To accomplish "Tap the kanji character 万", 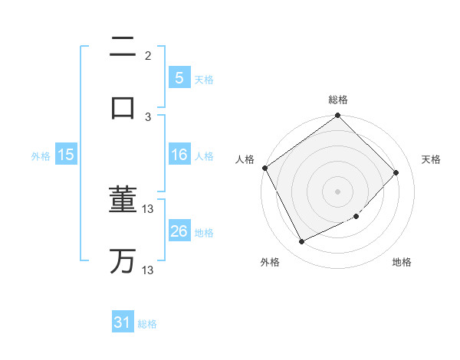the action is pyautogui.click(x=123, y=260).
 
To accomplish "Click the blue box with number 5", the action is pyautogui.click(x=179, y=77).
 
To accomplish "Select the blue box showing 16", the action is pyautogui.click(x=179, y=155).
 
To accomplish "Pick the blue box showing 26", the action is pyautogui.click(x=179, y=231).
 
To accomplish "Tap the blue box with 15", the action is pyautogui.click(x=66, y=155).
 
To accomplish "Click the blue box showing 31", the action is pyautogui.click(x=123, y=322).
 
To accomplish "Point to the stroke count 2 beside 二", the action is pyautogui.click(x=148, y=56).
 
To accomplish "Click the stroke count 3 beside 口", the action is pyautogui.click(x=148, y=116).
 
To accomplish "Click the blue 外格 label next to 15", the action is pyautogui.click(x=41, y=155).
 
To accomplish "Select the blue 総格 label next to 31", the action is pyautogui.click(x=147, y=324).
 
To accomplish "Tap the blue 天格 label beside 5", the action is pyautogui.click(x=204, y=79).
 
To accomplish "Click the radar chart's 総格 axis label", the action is pyautogui.click(x=338, y=100).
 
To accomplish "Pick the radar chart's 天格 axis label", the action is pyautogui.click(x=432, y=159).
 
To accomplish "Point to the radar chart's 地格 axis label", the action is pyautogui.click(x=402, y=263).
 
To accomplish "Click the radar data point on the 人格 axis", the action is pyautogui.click(x=264, y=168).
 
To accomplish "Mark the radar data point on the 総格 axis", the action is pyautogui.click(x=338, y=116).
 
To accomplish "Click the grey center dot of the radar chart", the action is pyautogui.click(x=338, y=191).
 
